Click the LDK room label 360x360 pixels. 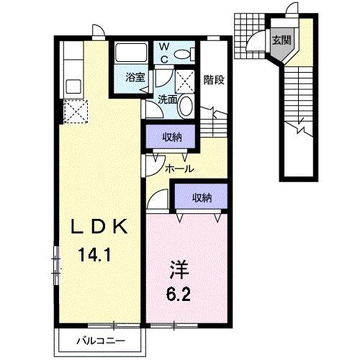point(99,226)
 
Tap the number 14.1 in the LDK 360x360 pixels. point(94,255)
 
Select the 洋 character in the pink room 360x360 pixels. point(179,270)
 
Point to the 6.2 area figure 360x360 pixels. point(179,294)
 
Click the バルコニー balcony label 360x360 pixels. point(101,341)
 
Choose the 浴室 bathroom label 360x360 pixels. point(135,77)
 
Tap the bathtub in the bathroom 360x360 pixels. point(131,53)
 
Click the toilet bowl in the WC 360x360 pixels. point(185,54)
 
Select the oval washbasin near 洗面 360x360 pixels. point(186,106)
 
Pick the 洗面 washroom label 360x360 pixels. point(167,99)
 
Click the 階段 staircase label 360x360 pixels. point(214,80)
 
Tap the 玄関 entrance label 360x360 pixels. point(282,40)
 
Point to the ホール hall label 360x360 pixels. point(179,169)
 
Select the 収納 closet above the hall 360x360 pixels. point(172,138)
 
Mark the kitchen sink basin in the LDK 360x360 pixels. point(73,86)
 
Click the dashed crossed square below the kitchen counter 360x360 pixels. point(76,112)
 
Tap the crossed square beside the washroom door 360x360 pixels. point(184,81)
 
